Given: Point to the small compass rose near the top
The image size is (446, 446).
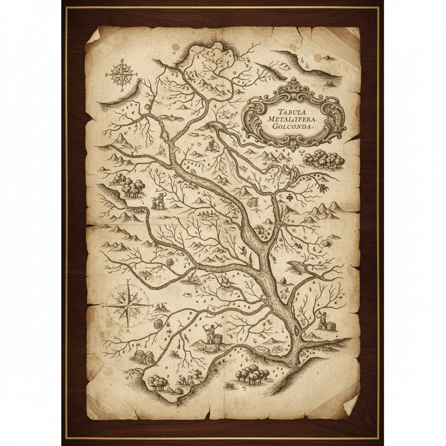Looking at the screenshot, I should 121,74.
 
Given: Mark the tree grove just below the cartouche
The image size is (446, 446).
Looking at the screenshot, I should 324,159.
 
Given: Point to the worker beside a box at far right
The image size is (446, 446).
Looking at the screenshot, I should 323,321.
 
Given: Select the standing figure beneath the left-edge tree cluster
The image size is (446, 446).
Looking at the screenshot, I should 159,201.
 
